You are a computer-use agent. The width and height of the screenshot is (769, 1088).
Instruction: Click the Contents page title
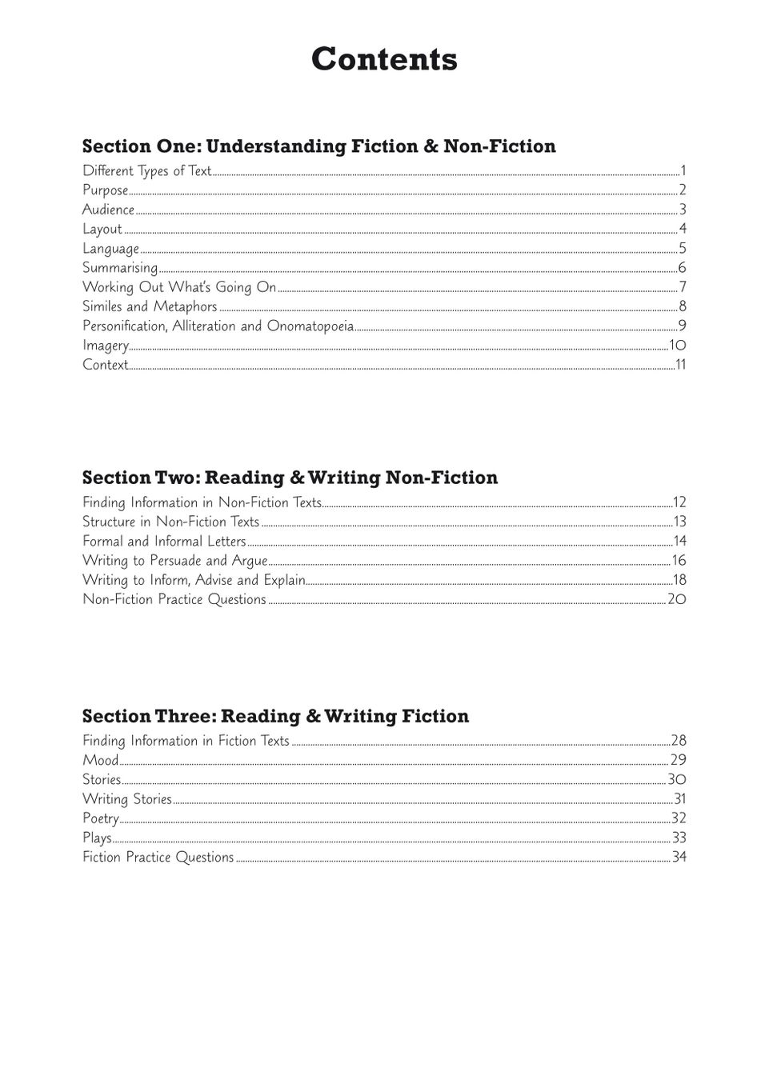384,59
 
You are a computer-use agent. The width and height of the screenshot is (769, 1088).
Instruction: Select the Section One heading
318,146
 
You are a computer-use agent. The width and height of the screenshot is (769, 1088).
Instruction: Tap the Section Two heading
290,478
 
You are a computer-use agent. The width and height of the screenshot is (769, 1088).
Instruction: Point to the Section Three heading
275,716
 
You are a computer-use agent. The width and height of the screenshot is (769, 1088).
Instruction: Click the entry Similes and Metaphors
150,306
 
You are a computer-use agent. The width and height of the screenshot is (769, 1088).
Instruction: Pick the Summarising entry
120,268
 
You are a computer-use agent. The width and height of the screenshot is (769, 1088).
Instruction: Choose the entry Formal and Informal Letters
164,542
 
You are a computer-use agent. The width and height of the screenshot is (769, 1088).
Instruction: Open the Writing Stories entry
127,799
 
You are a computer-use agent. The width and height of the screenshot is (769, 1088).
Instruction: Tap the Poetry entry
101,818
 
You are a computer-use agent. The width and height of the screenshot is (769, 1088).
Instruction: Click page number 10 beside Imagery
678,346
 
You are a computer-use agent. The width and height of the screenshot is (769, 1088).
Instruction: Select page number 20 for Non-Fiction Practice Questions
677,599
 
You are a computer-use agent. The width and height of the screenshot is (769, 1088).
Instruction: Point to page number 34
679,858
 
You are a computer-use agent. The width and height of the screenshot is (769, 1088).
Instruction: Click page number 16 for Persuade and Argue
679,561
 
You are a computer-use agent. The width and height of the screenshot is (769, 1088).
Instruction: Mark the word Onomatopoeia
310,326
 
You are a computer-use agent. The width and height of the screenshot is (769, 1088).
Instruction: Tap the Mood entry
101,760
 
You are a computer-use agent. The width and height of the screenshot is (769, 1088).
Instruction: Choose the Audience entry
108,210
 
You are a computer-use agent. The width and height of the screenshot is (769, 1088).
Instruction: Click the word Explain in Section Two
284,580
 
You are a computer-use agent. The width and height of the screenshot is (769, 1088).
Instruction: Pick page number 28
679,741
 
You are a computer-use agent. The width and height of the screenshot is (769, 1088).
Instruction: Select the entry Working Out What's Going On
179,287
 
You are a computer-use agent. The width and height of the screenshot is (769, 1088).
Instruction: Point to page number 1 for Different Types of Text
683,170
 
